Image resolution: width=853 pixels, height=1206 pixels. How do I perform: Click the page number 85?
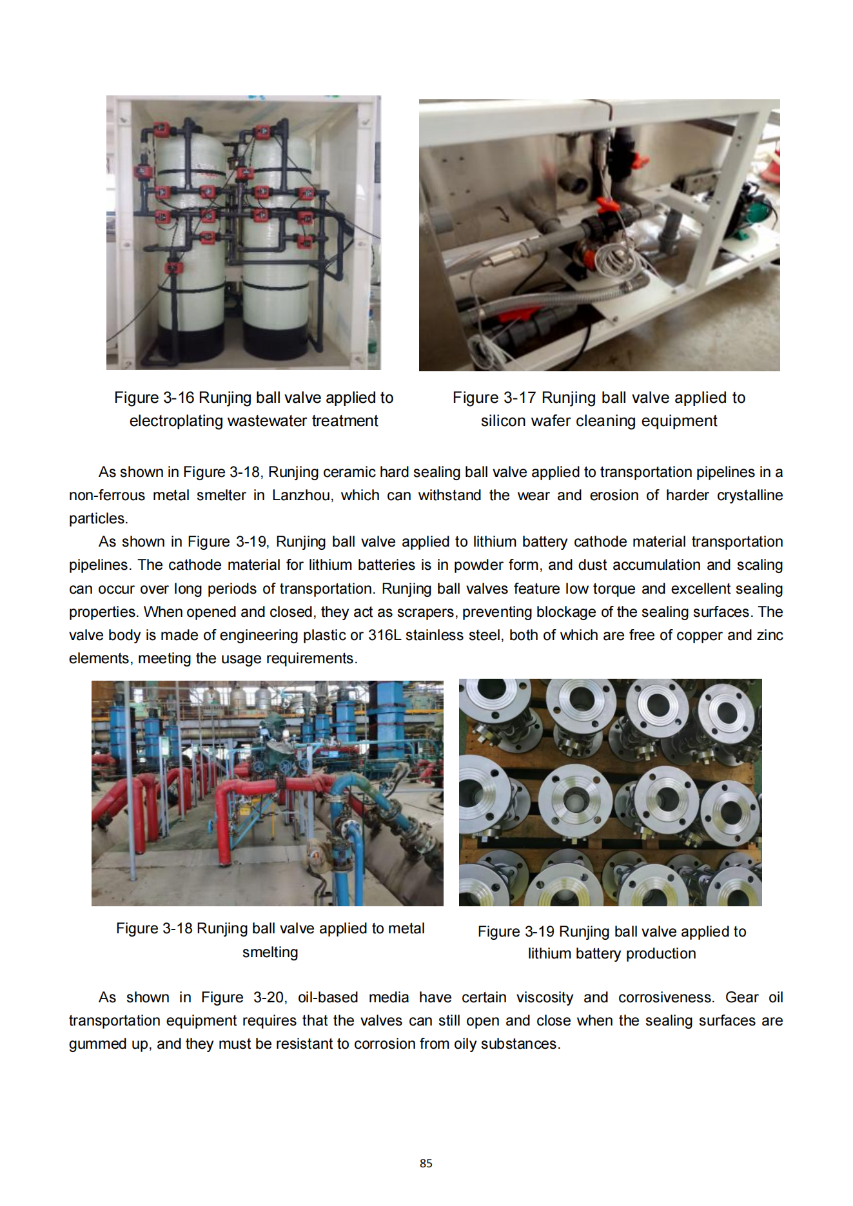tap(426, 1163)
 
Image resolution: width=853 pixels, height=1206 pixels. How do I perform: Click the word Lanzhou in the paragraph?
tap(301, 495)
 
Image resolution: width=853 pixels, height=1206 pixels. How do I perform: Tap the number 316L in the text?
tap(384, 635)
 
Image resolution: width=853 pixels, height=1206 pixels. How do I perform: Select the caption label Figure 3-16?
tap(154, 398)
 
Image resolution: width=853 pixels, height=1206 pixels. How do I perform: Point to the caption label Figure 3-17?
tap(494, 398)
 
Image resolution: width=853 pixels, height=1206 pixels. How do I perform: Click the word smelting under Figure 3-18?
tap(270, 952)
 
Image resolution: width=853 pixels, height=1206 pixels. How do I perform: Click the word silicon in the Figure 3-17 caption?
tap(503, 421)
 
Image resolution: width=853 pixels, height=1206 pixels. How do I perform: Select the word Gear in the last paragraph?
tap(741, 997)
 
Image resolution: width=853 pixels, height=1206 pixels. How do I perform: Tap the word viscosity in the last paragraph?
tap(544, 997)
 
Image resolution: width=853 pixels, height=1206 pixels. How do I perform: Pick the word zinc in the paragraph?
tap(769, 635)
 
